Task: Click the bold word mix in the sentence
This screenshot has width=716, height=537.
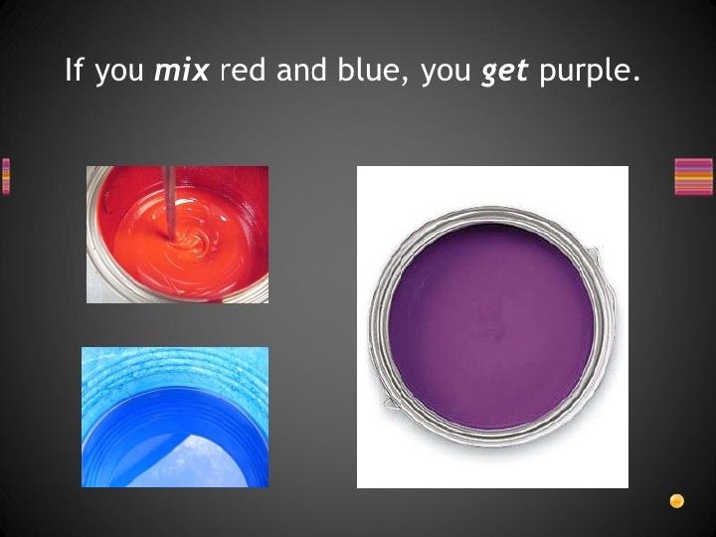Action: (182, 71)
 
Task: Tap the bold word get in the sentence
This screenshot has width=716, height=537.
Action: (504, 73)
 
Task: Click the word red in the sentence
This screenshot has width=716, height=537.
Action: (243, 70)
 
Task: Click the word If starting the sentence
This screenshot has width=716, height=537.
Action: (75, 70)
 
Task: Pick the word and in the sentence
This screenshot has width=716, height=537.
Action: (301, 70)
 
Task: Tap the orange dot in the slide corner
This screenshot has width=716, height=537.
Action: (677, 501)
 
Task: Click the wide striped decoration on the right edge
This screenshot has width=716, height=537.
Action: (693, 177)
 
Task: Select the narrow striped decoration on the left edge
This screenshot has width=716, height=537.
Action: (6, 177)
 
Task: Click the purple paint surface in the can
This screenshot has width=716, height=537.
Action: (491, 327)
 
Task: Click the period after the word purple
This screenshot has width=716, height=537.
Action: (636, 80)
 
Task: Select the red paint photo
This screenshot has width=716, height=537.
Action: (178, 235)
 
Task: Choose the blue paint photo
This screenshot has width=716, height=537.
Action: (175, 417)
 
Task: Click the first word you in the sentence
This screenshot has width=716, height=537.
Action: (119, 73)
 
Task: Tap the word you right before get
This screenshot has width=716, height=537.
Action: (446, 73)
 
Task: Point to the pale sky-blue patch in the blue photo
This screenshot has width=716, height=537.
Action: (192, 463)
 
